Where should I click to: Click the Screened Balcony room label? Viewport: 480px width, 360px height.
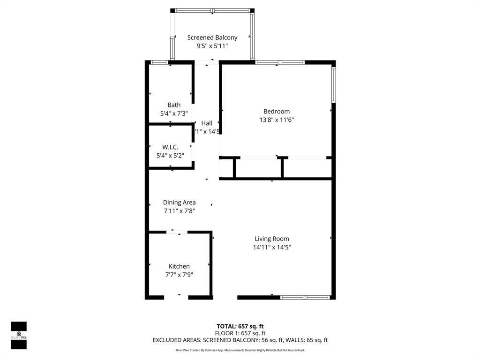coord(212,37)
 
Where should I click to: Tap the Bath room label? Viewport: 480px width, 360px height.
coord(174,105)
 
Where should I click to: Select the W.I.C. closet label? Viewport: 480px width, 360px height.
coord(170,147)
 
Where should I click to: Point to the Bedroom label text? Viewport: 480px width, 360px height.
coord(277,112)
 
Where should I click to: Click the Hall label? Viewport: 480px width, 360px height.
coord(207,123)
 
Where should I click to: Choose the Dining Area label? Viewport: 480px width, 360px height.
coord(180,202)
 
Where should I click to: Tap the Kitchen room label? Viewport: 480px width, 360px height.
coord(179,266)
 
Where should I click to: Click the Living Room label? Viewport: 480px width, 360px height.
coord(272,239)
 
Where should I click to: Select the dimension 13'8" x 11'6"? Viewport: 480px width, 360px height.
coord(277,120)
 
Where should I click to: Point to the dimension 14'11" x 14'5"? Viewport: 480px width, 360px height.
coord(272,247)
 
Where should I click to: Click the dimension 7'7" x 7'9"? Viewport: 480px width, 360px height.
coord(179,275)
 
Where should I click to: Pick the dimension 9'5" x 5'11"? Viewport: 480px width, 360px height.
coord(212,46)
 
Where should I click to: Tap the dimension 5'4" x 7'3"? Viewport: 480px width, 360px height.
coord(174,113)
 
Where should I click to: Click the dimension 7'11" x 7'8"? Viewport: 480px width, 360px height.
coord(180,211)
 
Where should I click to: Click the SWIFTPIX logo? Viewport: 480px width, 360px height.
coord(19,335)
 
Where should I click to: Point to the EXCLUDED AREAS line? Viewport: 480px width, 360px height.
coord(240,340)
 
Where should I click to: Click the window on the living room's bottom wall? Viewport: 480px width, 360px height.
coord(305,297)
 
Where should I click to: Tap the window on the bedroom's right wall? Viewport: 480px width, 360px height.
coord(334,85)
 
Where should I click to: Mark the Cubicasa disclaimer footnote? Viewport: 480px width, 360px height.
coord(240,350)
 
